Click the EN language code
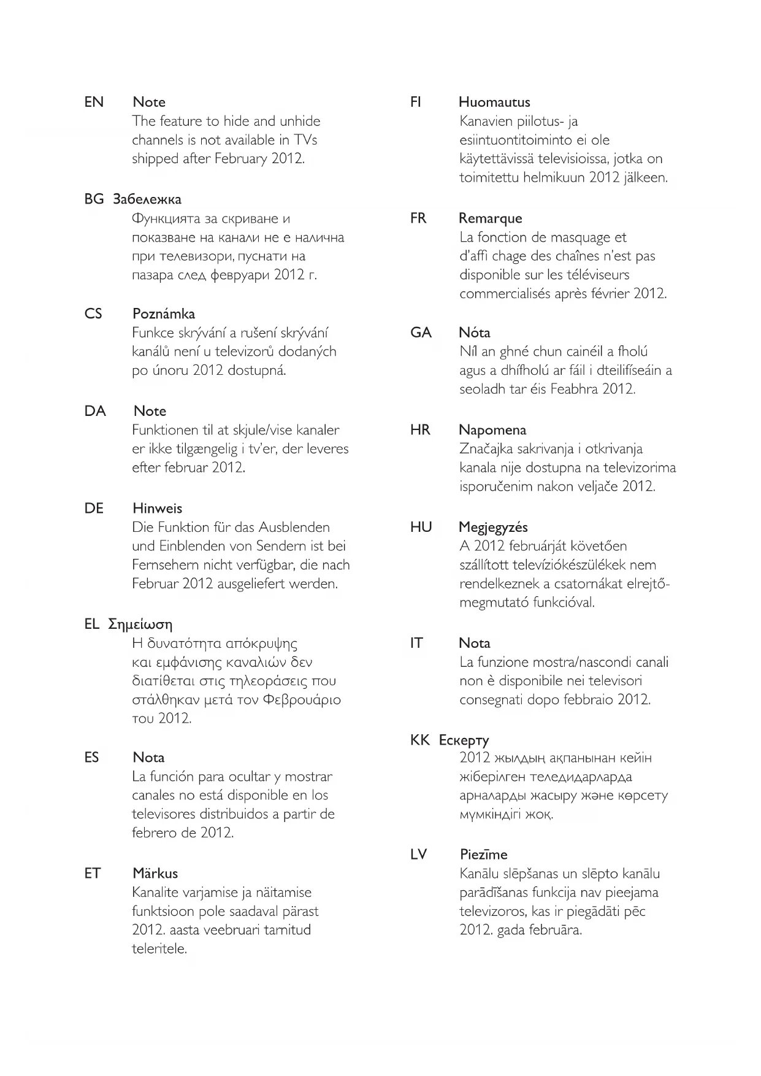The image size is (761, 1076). pos(94,102)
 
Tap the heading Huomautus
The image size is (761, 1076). pos(494,102)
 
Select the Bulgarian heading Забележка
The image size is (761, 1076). pos(147,199)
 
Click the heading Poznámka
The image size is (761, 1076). pos(164,314)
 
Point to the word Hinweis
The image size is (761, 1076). pos(157,509)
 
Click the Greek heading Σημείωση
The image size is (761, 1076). pos(140,624)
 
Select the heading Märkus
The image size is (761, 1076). pos(155,874)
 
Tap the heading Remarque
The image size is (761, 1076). pos(491,219)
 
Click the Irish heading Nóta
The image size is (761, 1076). pos(474,333)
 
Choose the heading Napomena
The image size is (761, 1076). pos(492,430)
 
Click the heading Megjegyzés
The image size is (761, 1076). pos(493,528)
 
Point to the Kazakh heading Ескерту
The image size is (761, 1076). pos(464,740)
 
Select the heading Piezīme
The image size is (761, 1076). pos(483,855)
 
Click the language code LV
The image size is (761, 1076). pos(418,855)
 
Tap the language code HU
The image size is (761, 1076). pos(421,528)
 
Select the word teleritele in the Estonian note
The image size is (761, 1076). pos(159,949)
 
